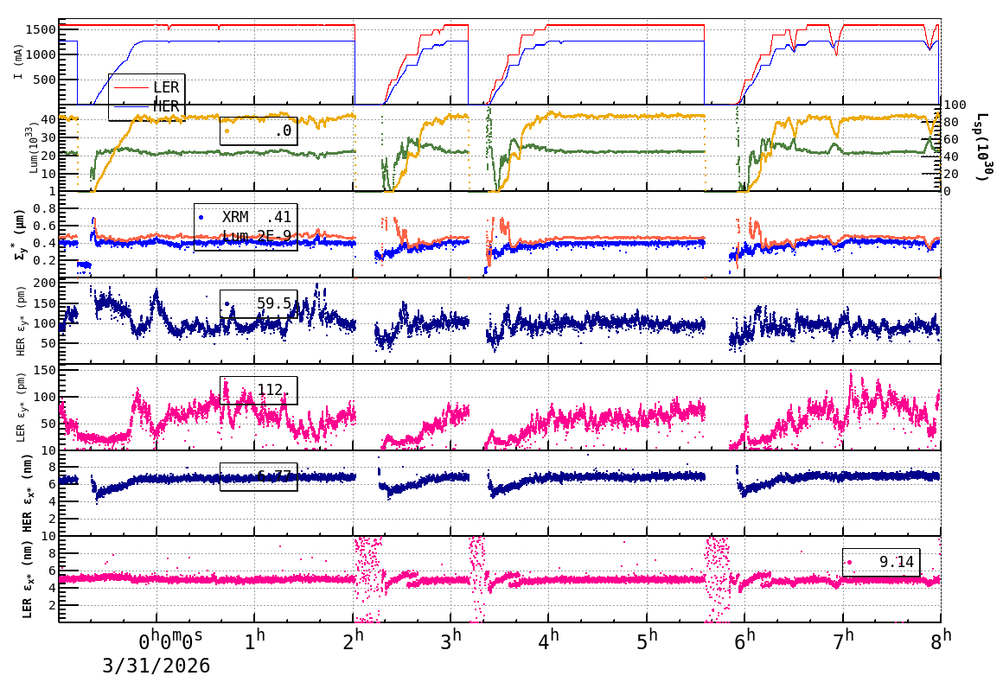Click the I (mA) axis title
click(x=18, y=61)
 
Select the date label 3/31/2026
click(x=157, y=665)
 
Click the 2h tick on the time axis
click(x=354, y=640)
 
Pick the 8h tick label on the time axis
click(x=942, y=640)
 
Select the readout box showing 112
click(x=259, y=391)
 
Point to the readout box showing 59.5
click(x=259, y=303)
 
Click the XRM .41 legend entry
click(x=246, y=218)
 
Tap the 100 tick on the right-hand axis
click(x=954, y=105)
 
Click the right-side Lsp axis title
click(x=982, y=147)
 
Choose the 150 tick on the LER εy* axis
click(x=45, y=371)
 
